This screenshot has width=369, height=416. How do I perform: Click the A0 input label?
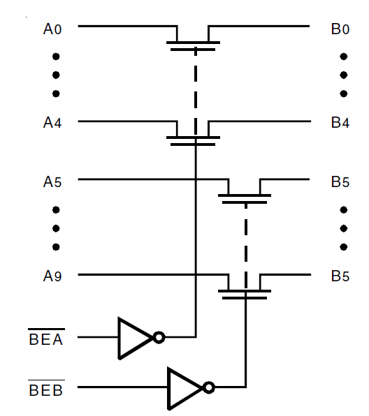[x=52, y=30]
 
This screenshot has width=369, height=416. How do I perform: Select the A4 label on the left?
[x=52, y=123]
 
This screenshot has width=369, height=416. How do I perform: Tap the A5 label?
[x=52, y=182]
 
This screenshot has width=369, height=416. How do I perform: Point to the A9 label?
[x=52, y=276]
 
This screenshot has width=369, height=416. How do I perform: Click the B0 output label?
[x=340, y=30]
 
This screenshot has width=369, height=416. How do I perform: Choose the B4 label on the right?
[x=340, y=123]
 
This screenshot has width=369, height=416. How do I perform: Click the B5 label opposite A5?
[x=340, y=182]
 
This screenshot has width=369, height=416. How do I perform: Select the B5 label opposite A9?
[x=340, y=276]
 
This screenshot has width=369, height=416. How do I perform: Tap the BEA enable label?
[x=45, y=340]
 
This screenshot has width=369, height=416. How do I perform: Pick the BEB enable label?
[x=45, y=389]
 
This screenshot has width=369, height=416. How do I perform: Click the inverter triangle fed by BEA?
[x=134, y=338]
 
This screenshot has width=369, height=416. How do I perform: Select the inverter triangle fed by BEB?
[x=184, y=387]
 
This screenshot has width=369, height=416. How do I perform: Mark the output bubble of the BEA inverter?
[x=159, y=338]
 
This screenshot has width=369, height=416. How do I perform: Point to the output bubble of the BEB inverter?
[x=208, y=387]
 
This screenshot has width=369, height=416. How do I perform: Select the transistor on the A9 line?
[x=245, y=289]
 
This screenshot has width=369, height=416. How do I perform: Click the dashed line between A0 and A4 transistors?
[x=194, y=84]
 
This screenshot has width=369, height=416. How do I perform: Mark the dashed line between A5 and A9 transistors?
[x=245, y=237]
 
